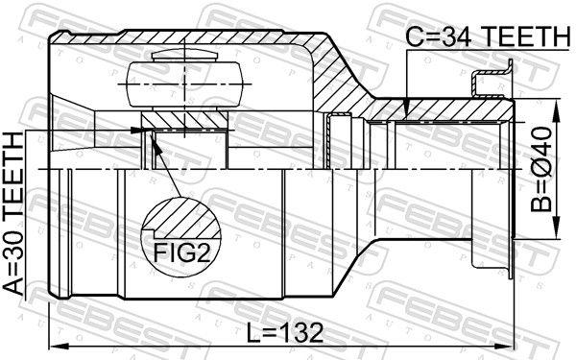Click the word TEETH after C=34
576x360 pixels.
(524, 36)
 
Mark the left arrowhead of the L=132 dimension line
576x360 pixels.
(53, 346)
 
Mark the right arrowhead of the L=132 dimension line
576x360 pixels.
(508, 346)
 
